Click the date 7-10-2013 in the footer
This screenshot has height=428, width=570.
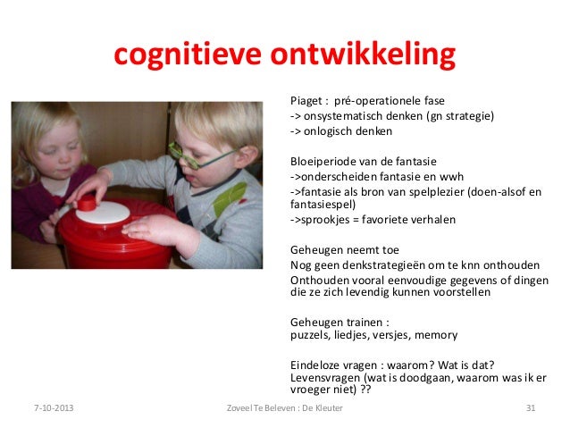[48, 409]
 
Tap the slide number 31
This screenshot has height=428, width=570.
[532, 409]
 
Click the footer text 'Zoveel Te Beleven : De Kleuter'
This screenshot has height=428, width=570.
[285, 409]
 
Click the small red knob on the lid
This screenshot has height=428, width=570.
[86, 204]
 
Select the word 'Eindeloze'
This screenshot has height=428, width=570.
[317, 365]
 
